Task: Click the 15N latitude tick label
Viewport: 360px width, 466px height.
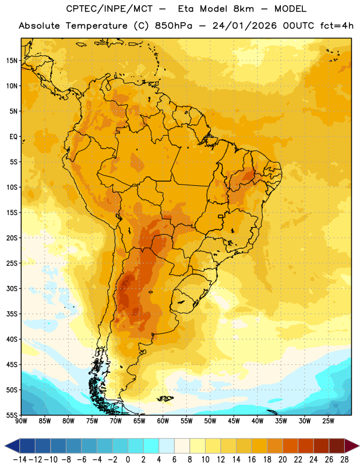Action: tap(12, 61)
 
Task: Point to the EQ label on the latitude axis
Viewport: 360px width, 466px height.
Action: tap(13, 137)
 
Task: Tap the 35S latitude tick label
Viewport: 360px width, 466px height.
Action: tap(12, 314)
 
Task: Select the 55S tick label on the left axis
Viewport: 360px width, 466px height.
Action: tap(12, 415)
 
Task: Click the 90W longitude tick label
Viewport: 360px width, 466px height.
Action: tap(21, 421)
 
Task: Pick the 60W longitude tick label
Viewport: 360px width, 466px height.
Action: tap(163, 421)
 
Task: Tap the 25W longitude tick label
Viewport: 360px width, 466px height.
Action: tap(328, 421)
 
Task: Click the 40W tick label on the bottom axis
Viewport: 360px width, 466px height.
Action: tap(257, 421)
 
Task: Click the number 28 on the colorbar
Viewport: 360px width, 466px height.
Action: tap(344, 460)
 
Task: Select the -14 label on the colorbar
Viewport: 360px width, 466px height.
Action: tap(20, 460)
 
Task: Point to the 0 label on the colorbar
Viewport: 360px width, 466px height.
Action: tap(128, 460)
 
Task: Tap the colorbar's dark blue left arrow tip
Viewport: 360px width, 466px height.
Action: tap(5, 446)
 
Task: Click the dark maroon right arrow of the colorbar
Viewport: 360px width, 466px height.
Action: tap(352, 446)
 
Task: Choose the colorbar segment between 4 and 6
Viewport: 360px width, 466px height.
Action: tap(167, 446)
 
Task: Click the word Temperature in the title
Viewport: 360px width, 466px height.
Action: tap(97, 26)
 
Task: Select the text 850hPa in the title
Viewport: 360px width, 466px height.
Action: tap(174, 26)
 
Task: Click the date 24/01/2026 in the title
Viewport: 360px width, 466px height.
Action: tap(244, 26)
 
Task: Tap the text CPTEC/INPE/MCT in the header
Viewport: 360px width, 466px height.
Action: tap(110, 9)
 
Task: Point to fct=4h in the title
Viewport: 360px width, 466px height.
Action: tap(337, 26)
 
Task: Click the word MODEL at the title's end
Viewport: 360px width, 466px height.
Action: tap(290, 9)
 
